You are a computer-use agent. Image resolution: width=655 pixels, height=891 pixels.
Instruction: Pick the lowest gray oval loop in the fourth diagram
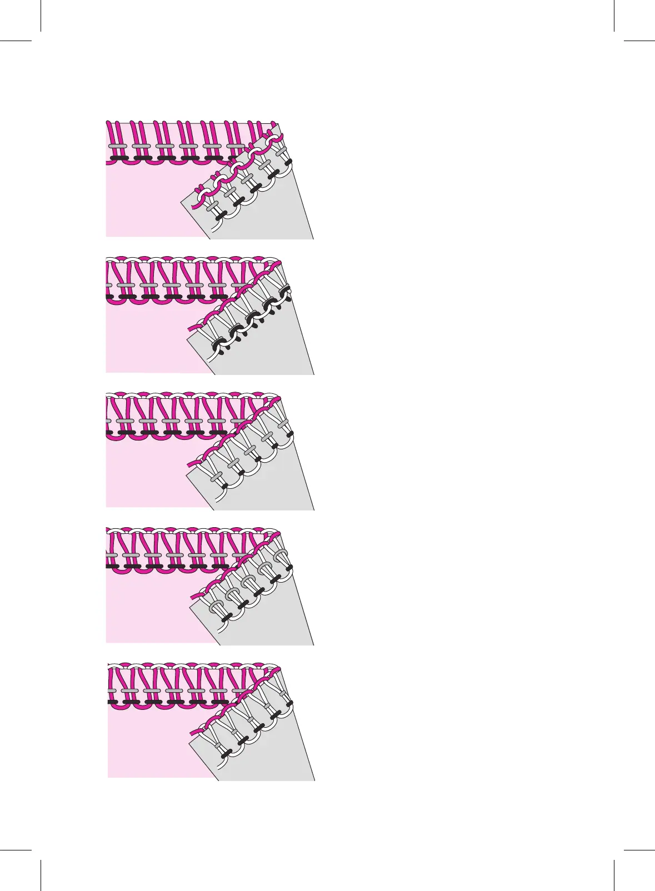(216, 606)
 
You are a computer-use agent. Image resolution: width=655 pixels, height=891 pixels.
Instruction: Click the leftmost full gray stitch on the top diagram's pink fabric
(117, 146)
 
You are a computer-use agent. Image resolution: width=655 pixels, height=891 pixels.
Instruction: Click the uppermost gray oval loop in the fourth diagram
(282, 553)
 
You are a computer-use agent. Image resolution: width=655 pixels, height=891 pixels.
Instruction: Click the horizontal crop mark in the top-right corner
(639, 41)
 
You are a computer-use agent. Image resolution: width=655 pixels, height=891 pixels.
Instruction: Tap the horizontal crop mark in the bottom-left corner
(15, 849)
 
